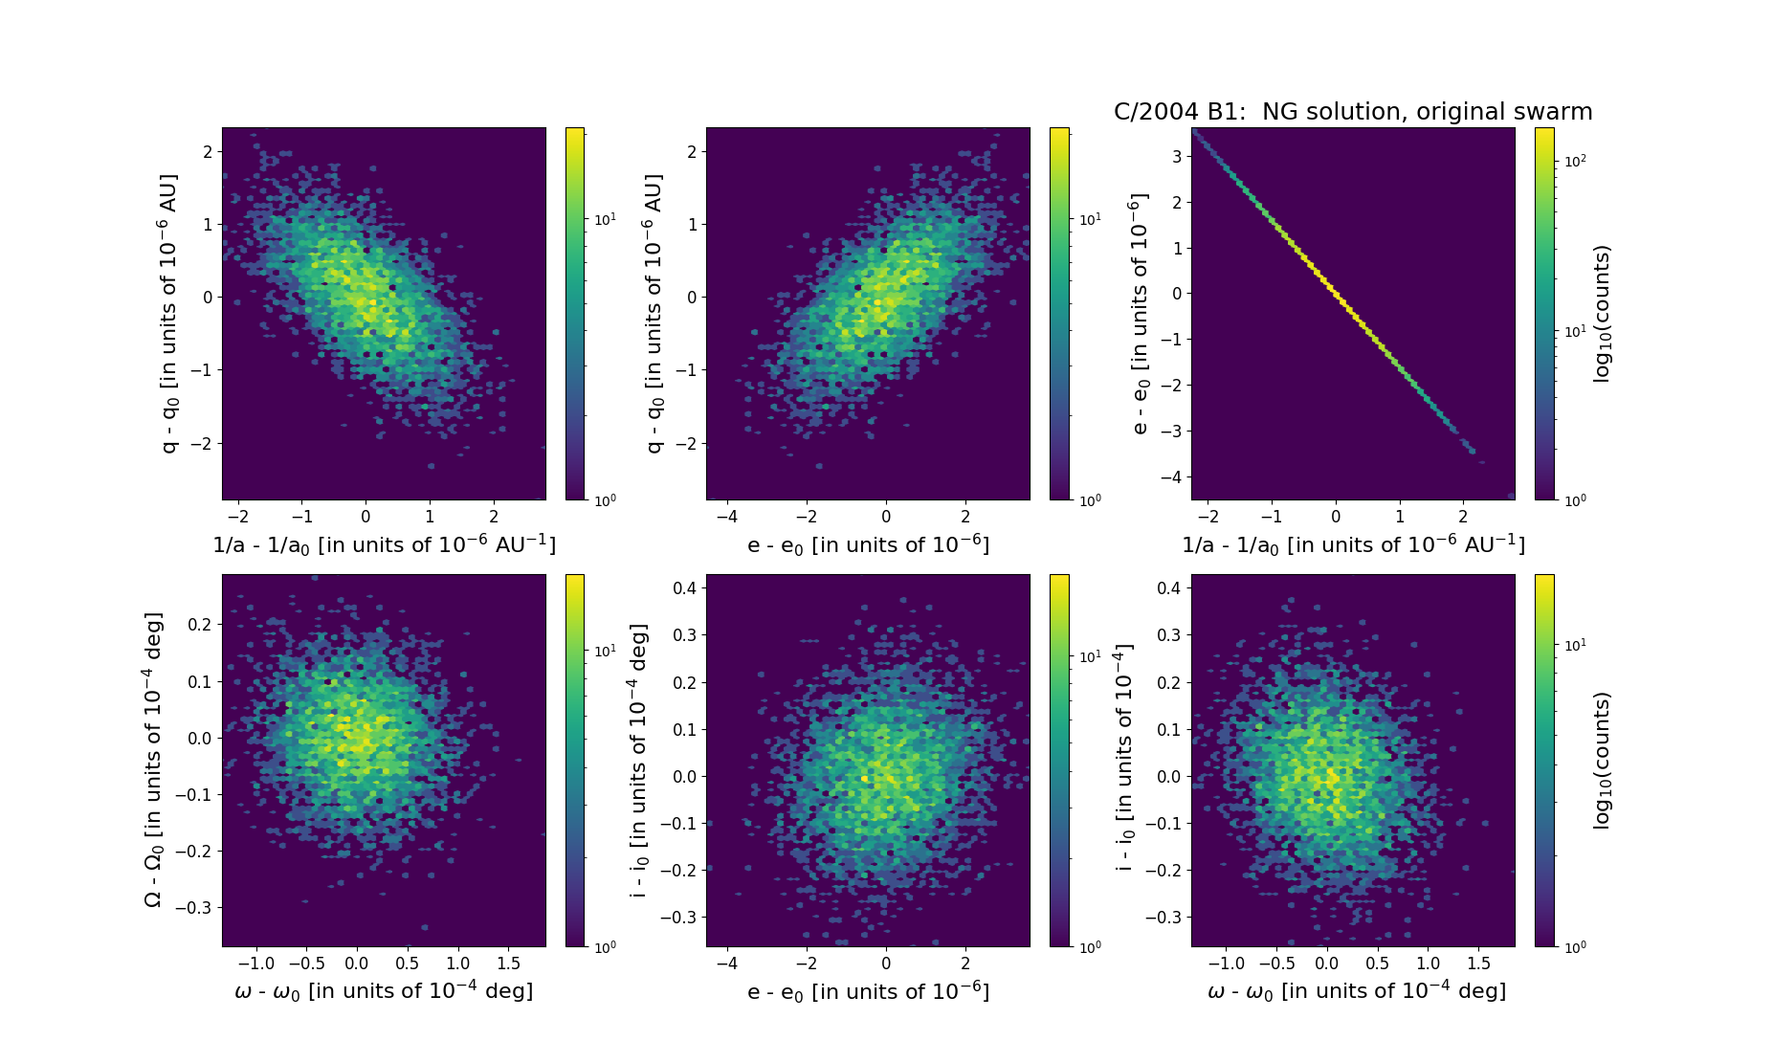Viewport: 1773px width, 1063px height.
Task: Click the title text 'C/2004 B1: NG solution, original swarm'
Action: pos(1352,112)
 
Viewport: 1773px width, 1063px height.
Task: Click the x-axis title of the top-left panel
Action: pos(384,544)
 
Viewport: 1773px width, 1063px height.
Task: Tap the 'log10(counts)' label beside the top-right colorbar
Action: pos(1602,314)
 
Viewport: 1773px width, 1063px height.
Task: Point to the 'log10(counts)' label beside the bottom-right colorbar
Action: pos(1602,761)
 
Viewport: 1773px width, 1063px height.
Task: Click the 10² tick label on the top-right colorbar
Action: pos(1575,161)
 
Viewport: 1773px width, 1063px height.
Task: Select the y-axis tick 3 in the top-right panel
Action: pos(1176,156)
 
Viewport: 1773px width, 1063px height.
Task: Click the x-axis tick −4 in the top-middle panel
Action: pos(726,517)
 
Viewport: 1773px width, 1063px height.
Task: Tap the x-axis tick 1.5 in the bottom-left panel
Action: pos(508,963)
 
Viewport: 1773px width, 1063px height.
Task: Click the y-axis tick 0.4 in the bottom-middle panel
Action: pos(683,587)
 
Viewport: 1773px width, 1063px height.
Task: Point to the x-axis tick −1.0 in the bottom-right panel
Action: pos(1226,963)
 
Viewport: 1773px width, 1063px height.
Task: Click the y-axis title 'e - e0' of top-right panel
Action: pos(1139,314)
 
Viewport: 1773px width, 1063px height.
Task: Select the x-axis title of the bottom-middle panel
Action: pos(868,991)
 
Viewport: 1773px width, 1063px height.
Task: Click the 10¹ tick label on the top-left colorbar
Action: pos(605,219)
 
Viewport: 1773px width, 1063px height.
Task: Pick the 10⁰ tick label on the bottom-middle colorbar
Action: pos(1090,946)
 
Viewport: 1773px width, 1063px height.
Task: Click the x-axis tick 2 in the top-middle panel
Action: pos(965,517)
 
